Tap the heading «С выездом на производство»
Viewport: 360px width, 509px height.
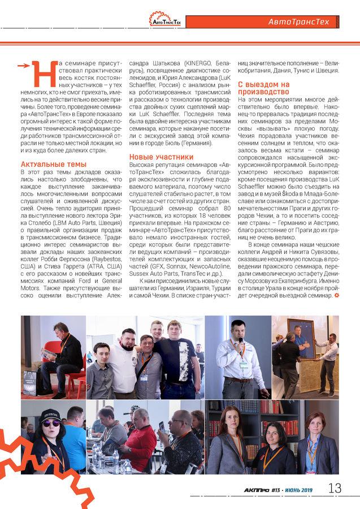262,88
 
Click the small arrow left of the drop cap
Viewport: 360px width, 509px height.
23,65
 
